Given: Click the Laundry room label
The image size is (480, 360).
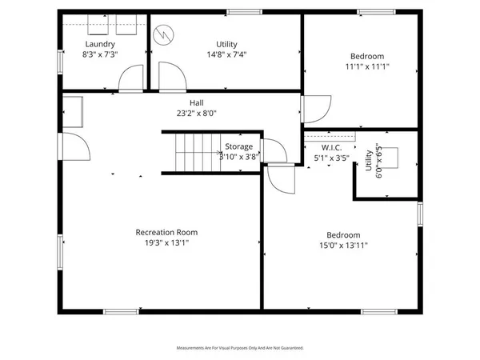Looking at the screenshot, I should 100,44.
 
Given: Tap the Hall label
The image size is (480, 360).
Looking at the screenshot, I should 196,102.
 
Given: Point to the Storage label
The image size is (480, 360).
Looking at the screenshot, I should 238,146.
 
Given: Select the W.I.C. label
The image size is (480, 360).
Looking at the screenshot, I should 332,147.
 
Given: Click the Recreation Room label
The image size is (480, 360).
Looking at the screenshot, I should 166,232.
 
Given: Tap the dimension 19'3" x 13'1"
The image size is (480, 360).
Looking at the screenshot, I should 166,244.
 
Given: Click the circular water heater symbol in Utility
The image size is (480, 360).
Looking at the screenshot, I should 164,34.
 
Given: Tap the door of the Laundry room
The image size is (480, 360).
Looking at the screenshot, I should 129,78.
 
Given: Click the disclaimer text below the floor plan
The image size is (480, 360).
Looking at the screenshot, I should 240,348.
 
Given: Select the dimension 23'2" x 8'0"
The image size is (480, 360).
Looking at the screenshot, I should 196,114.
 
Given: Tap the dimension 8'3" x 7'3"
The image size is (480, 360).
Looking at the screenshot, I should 100,55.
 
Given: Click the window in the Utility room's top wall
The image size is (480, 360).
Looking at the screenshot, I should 243,12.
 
